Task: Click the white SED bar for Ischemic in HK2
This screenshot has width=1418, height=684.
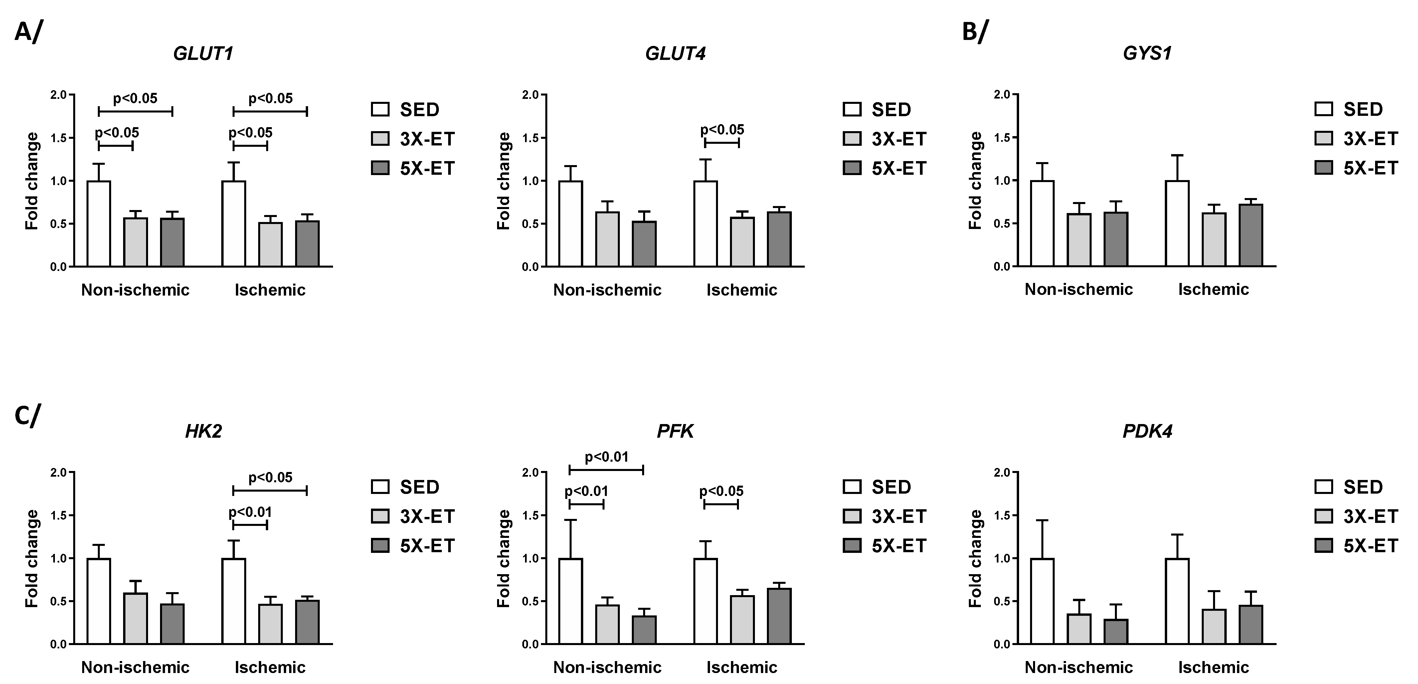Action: tap(234, 601)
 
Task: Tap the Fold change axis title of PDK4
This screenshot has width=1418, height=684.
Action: tap(976, 559)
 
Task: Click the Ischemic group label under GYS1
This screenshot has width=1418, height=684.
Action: tap(1213, 289)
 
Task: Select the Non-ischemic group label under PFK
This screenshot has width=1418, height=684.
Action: tap(607, 667)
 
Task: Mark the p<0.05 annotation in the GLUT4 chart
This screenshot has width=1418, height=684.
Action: tap(722, 130)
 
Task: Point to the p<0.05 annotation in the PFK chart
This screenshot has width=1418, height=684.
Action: tap(721, 491)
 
